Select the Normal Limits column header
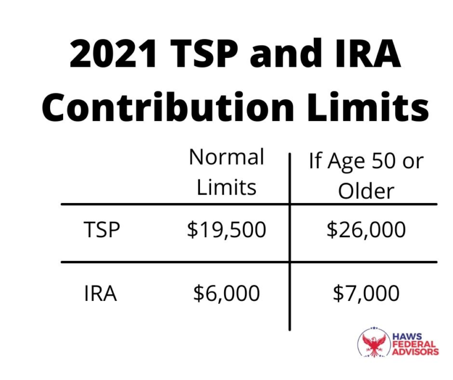point(226,172)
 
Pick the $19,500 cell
point(226,230)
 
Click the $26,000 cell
point(366,230)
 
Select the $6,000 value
point(226,293)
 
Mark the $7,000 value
point(366,293)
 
